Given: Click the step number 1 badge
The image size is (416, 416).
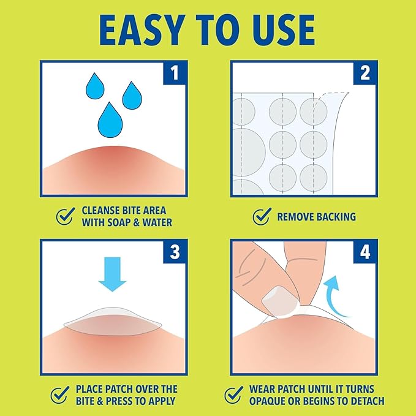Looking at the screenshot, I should coord(175,75).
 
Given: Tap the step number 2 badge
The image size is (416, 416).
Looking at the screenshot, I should coord(365,75).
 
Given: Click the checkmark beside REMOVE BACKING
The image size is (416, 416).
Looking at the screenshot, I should coord(262,216).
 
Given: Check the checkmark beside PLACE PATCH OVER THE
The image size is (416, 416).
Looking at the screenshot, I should coord(59,395).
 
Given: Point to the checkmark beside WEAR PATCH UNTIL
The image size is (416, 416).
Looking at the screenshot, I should coord(233,395).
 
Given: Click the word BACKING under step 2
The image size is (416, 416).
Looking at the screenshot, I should coord(334,217).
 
